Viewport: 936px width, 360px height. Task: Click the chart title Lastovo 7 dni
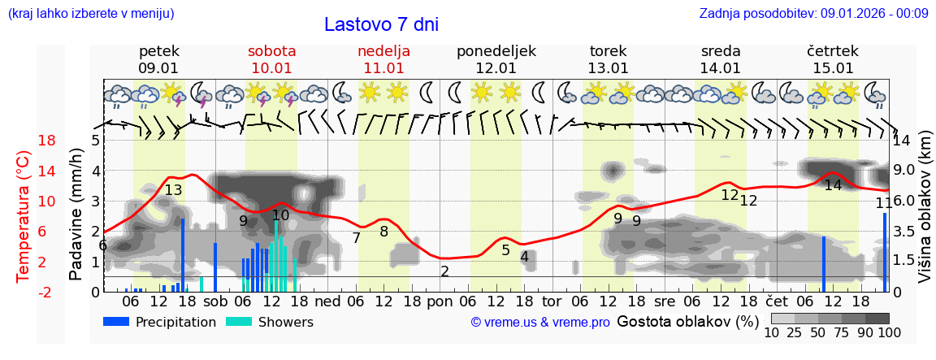click(x=381, y=24)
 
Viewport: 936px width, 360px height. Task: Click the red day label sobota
click(x=271, y=51)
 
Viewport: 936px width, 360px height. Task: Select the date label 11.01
click(x=383, y=68)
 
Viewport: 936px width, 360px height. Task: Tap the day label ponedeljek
click(x=496, y=51)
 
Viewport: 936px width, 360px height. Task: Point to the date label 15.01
click(x=833, y=68)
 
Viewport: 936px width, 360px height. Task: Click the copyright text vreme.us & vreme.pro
click(x=540, y=323)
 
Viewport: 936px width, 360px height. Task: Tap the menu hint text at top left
click(x=91, y=13)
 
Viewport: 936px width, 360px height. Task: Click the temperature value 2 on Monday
click(x=444, y=271)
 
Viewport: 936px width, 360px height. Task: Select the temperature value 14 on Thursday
click(x=833, y=185)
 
